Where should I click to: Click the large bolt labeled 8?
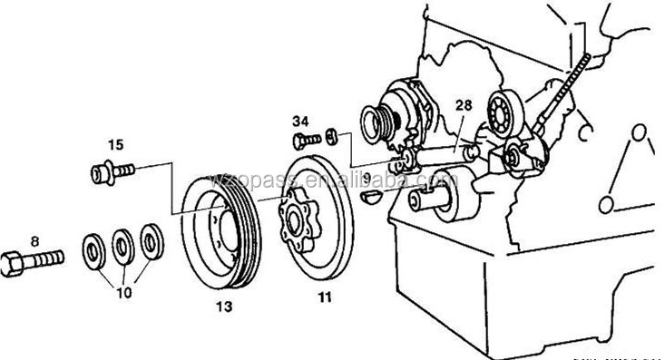coord(34,260)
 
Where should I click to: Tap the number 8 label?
coord(35,241)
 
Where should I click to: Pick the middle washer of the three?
coord(121,244)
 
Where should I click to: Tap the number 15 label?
coord(115,143)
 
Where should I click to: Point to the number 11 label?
coord(325,296)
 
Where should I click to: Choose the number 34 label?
coord(301,119)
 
